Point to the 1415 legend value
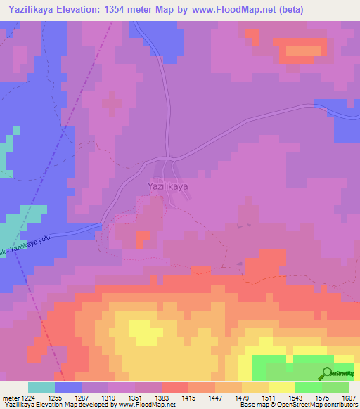188,397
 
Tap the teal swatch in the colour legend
41,387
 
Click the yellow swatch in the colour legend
282,387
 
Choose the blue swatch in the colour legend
68,387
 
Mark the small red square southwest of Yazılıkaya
143,240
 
